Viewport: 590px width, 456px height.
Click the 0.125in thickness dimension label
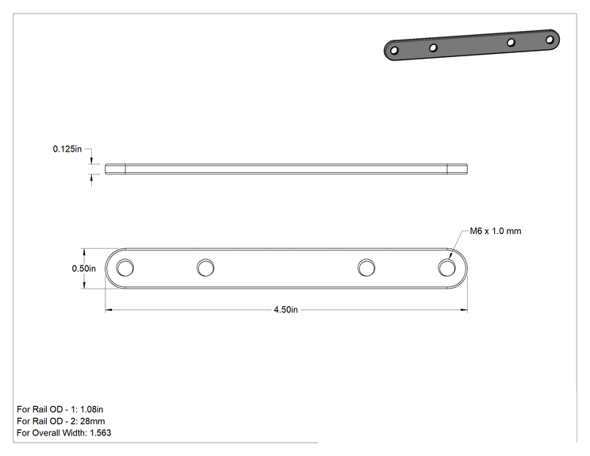(67, 149)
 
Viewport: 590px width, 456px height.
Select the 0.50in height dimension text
(83, 268)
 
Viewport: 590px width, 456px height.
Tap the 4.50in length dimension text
(285, 309)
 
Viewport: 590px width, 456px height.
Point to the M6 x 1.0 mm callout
(496, 231)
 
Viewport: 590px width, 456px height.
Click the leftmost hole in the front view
(125, 268)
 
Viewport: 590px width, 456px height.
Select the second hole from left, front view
(205, 268)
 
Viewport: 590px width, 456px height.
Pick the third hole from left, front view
(366, 268)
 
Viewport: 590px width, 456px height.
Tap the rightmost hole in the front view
(446, 268)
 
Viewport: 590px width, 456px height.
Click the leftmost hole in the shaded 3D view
(394, 51)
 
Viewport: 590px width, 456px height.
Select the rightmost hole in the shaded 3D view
(550, 40)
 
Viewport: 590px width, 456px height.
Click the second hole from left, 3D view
(433, 48)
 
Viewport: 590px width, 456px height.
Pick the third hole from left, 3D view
(511, 43)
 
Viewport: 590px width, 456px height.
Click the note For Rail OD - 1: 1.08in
(59, 409)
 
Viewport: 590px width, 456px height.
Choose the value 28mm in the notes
(93, 421)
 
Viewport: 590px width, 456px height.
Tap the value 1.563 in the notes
(101, 433)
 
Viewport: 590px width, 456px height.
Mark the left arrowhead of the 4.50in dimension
(109, 310)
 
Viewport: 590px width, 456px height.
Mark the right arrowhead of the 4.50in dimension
(464, 310)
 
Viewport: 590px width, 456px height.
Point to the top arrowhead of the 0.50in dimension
(84, 251)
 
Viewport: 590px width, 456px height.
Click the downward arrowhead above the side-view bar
(91, 161)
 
